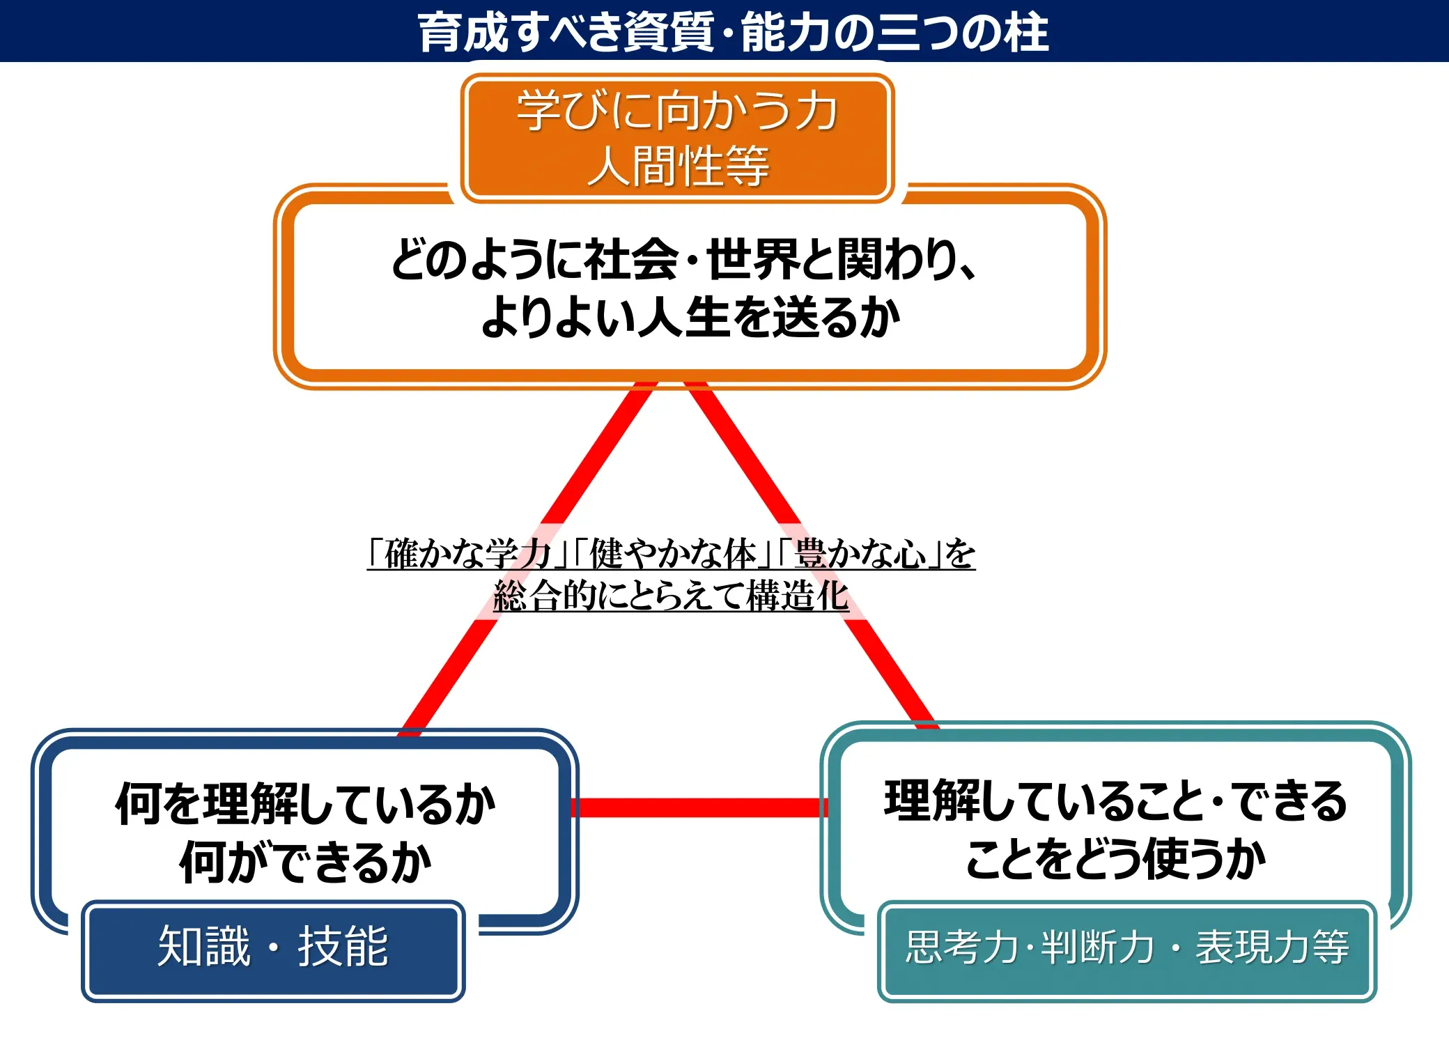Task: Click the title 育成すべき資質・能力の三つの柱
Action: pyautogui.click(x=733, y=32)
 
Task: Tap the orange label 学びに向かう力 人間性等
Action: pyautogui.click(x=677, y=138)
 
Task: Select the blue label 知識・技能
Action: pyautogui.click(x=273, y=947)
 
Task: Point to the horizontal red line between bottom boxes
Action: pyautogui.click(x=699, y=807)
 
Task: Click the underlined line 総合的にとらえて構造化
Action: pyautogui.click(x=671, y=596)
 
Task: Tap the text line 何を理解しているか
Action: pyautogui.click(x=305, y=803)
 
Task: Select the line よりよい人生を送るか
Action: pyautogui.click(x=690, y=317)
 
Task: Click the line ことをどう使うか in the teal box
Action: pyautogui.click(x=1115, y=858)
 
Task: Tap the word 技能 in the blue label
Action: pyautogui.click(x=343, y=947)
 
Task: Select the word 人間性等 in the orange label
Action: pyautogui.click(x=677, y=166)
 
